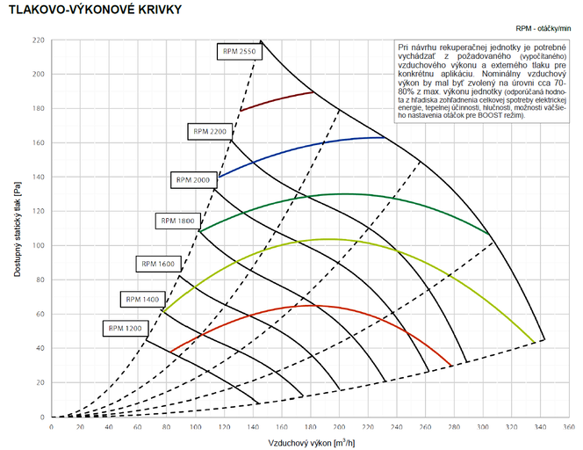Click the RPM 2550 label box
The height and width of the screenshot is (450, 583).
click(x=239, y=51)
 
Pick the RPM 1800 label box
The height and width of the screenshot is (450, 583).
click(x=176, y=220)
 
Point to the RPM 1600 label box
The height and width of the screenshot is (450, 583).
click(x=158, y=264)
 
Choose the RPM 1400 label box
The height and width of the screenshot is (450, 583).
click(x=142, y=300)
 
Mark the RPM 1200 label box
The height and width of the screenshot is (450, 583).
click(x=124, y=329)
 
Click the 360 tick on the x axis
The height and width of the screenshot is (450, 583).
click(x=569, y=426)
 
